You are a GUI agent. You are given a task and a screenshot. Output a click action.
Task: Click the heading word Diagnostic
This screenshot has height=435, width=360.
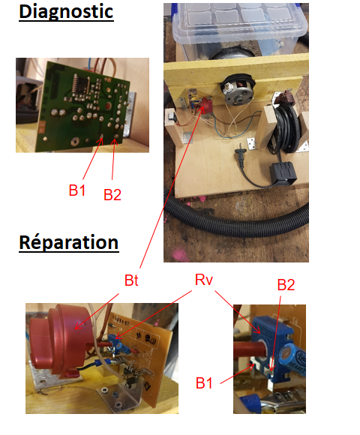(x=66, y=13)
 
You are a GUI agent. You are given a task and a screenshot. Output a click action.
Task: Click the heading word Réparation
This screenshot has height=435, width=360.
(x=69, y=243)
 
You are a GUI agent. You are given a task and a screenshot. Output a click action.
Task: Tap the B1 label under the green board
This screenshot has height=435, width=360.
(x=76, y=190)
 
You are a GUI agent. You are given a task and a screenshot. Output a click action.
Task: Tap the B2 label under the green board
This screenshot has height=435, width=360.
(x=112, y=194)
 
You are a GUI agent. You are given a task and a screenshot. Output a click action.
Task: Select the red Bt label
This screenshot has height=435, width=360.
(x=131, y=280)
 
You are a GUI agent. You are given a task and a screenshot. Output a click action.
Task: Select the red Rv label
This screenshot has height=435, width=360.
(x=204, y=280)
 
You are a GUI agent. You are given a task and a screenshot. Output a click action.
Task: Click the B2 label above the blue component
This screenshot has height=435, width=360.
(x=286, y=285)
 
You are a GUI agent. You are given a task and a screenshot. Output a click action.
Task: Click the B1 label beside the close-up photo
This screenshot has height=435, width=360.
(x=204, y=383)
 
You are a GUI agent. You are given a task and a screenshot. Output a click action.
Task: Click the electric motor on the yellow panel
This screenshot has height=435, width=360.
(x=238, y=89)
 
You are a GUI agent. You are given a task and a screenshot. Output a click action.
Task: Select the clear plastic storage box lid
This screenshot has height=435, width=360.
(x=240, y=21)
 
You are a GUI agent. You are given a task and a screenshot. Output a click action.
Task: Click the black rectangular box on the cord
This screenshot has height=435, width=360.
(x=283, y=172)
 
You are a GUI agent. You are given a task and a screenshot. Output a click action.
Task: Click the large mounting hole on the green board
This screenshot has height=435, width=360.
(x=74, y=142)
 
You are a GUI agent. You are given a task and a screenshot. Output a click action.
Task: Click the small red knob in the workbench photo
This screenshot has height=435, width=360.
(x=206, y=106)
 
